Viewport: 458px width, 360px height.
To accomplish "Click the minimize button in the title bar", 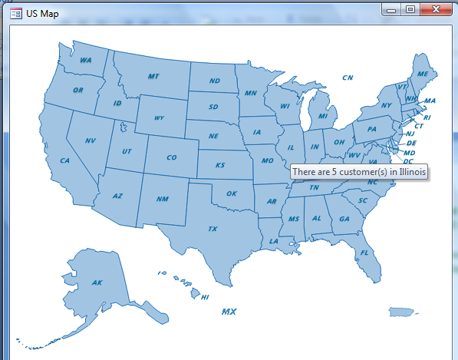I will pos(392,10).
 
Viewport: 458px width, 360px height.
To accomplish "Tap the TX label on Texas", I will pos(213,229).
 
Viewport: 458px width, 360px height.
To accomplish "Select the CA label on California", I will pos(64,160).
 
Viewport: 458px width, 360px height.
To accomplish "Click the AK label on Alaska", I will pos(97,282).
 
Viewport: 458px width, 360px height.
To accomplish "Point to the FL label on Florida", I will pos(364,253).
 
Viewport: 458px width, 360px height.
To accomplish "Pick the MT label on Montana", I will pos(153,76).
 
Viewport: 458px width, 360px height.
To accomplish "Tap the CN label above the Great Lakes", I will pos(348,78).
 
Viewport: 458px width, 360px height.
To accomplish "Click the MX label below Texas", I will pos(229,312).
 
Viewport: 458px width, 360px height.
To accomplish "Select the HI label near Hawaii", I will pos(205,297).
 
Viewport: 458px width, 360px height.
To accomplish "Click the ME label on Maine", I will pos(422,74).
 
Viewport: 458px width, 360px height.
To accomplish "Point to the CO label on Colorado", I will pos(171,157).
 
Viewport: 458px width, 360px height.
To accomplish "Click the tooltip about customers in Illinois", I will pos(359,172).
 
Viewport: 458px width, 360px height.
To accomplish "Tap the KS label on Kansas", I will pos(220,165).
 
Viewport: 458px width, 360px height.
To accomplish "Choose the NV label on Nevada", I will pos(90,140).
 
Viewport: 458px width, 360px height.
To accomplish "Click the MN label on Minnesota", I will pos(251,93).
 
